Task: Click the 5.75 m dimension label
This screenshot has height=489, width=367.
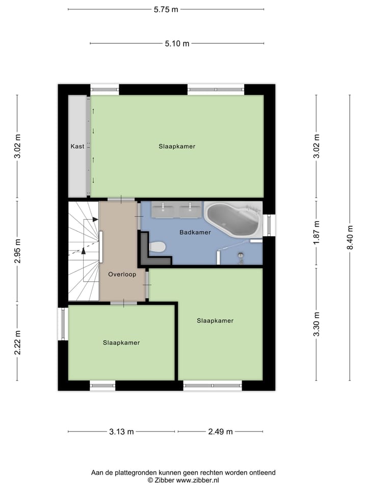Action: coord(166,9)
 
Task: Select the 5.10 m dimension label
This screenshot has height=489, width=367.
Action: coord(177,44)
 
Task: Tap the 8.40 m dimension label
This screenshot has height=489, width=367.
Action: coord(350,238)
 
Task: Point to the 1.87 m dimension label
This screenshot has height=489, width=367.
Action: coord(317,232)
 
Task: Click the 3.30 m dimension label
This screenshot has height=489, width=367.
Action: coord(317,324)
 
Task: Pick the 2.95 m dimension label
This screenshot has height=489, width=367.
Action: coord(17,251)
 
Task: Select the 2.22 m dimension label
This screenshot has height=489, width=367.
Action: coord(17,343)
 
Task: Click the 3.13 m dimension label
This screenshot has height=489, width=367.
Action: coord(121,432)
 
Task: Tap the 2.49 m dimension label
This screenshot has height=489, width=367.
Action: coord(220,432)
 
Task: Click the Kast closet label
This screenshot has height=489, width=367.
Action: coord(77,146)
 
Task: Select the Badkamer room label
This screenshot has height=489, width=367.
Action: coord(195,232)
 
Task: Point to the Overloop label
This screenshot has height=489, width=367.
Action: coord(121,274)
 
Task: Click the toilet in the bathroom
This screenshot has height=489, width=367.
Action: coord(158,247)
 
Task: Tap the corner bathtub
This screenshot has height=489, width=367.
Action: coord(233,220)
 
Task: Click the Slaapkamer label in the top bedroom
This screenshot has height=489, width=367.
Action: coord(177,146)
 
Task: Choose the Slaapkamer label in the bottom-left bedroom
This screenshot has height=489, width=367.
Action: coord(121,343)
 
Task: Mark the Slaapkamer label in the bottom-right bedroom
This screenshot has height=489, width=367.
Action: coord(215,320)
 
